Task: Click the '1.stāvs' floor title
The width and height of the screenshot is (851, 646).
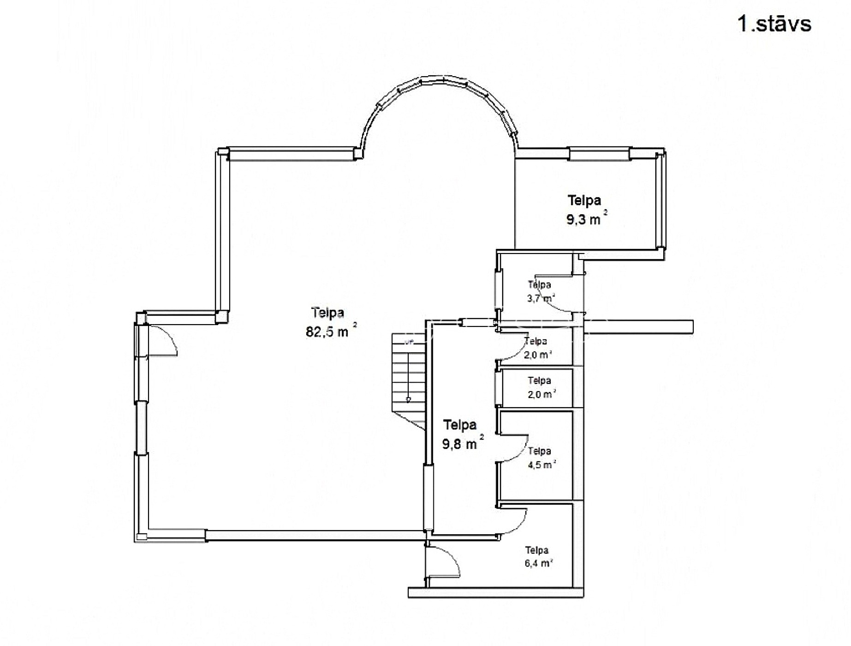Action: [x=774, y=24]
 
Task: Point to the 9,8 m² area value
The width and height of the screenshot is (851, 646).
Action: [x=463, y=443]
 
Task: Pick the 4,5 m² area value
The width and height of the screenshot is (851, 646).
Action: [x=542, y=464]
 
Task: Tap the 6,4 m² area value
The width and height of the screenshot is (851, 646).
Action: [x=539, y=563]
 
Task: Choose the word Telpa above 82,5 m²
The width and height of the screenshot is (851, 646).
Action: [x=328, y=313]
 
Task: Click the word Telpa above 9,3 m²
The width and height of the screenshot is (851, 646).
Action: [x=584, y=200]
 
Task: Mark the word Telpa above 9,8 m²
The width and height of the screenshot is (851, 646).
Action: [x=459, y=425]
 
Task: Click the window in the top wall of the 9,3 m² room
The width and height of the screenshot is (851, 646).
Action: [x=599, y=153]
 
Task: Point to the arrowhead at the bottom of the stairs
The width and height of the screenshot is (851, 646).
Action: [x=409, y=400]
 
